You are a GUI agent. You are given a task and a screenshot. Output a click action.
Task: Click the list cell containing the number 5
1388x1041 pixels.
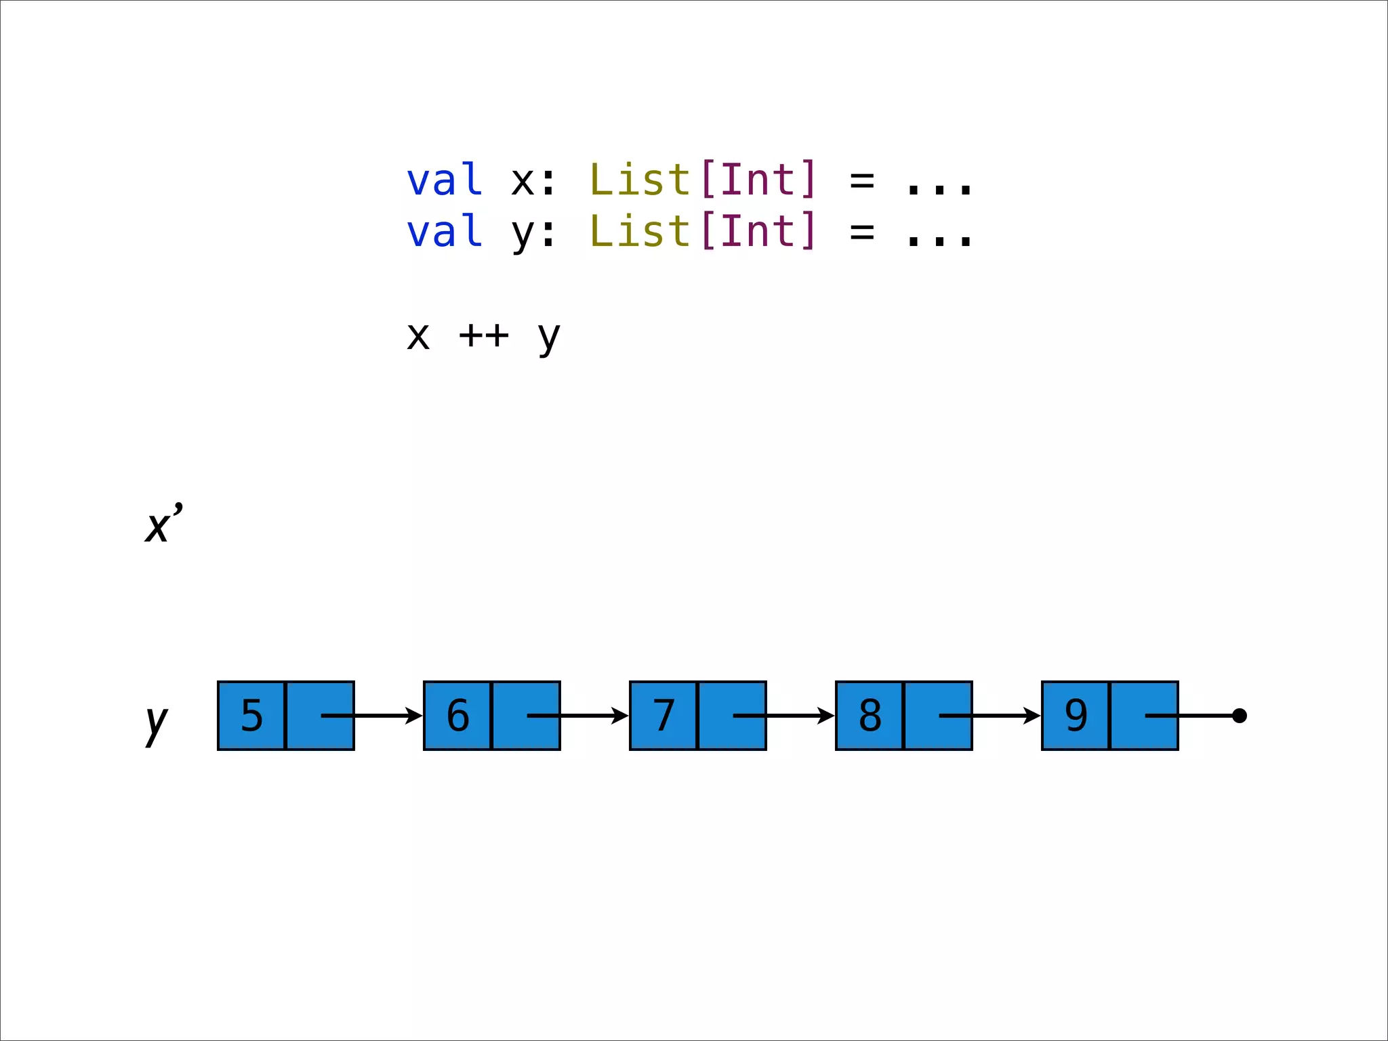(251, 716)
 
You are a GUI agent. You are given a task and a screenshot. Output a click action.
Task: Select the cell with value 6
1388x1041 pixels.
(457, 716)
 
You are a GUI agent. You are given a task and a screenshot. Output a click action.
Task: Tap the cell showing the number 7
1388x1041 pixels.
(664, 716)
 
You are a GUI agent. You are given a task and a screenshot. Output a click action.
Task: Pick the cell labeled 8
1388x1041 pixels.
(870, 716)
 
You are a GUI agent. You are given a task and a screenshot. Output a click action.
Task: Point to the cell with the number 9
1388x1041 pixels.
(1076, 716)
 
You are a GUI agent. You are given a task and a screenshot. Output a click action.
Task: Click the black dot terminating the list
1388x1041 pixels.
(1240, 716)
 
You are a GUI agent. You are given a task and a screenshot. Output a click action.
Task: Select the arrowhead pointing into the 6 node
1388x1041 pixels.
(414, 716)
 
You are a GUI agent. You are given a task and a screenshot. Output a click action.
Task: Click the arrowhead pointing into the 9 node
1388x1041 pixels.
(1032, 716)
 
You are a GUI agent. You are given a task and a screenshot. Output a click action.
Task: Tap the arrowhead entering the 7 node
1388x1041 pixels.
(620, 716)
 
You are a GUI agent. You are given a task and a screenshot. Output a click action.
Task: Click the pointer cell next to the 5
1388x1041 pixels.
(320, 716)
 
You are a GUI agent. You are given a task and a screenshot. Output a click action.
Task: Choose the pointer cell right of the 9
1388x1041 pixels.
(1144, 716)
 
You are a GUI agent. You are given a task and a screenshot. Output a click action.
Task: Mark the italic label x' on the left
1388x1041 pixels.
(163, 524)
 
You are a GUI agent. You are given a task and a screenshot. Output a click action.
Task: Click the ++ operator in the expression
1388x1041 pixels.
(483, 335)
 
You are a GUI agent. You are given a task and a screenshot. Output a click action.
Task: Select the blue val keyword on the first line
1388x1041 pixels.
(445, 181)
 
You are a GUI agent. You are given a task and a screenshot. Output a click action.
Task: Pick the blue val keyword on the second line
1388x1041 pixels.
(445, 232)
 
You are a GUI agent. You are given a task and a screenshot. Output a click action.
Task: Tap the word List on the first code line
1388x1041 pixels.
(640, 180)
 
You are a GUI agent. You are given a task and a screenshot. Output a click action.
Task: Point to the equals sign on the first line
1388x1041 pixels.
(862, 181)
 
